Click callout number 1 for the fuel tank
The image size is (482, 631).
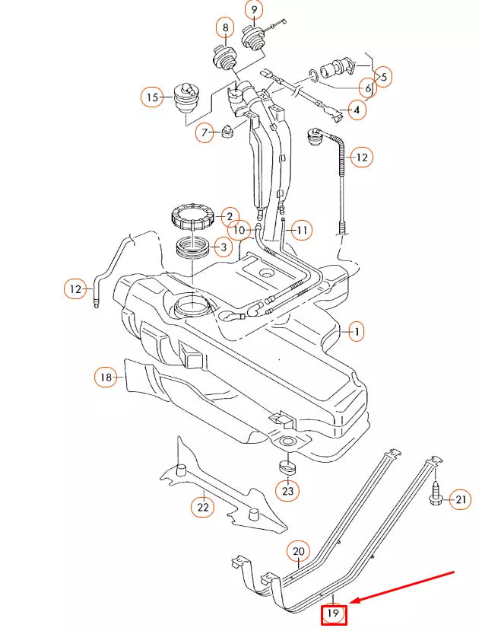[x=355, y=331]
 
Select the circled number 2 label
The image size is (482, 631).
[x=228, y=217]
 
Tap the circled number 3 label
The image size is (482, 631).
[x=222, y=247]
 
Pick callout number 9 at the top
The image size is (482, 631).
[x=253, y=10]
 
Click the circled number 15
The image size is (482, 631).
[x=152, y=97]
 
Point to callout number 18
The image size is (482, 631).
[x=106, y=377]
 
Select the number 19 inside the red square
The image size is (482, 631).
[x=333, y=613]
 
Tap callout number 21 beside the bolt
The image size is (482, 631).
[x=461, y=499]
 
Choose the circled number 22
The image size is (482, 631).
[x=202, y=505]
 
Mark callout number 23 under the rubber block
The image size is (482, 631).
[x=287, y=492]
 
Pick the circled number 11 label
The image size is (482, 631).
[x=302, y=229]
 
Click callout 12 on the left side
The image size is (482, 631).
[x=75, y=288]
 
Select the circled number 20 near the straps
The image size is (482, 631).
[x=298, y=551]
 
